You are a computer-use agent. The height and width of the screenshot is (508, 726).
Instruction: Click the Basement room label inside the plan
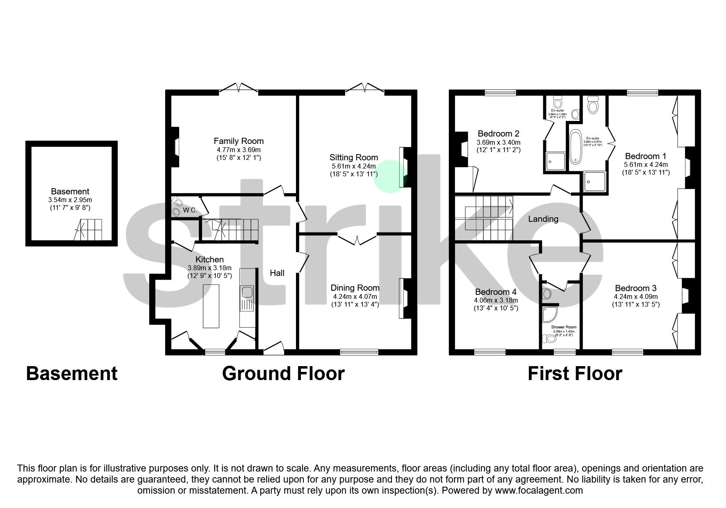coord(70,191)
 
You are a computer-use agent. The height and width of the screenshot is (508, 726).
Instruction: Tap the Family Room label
coord(239,141)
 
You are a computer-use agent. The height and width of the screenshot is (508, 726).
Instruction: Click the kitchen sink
coord(247,292)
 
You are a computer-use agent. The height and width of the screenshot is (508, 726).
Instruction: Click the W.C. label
coord(190,210)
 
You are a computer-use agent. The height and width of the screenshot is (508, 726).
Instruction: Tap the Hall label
coord(277,273)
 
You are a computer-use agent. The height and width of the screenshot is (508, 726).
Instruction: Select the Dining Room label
coord(355,288)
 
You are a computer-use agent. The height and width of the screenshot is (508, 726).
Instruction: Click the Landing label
coord(543,219)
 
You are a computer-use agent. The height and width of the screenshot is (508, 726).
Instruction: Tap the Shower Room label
coord(564,327)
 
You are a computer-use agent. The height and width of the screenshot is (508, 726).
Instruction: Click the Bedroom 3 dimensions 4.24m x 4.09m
coord(635,296)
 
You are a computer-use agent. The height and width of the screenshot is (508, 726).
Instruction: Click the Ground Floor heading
coord(283,374)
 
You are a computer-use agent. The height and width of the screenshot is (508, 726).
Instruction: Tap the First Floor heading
coord(574,374)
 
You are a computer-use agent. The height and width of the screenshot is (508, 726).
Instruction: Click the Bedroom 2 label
coord(498,134)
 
